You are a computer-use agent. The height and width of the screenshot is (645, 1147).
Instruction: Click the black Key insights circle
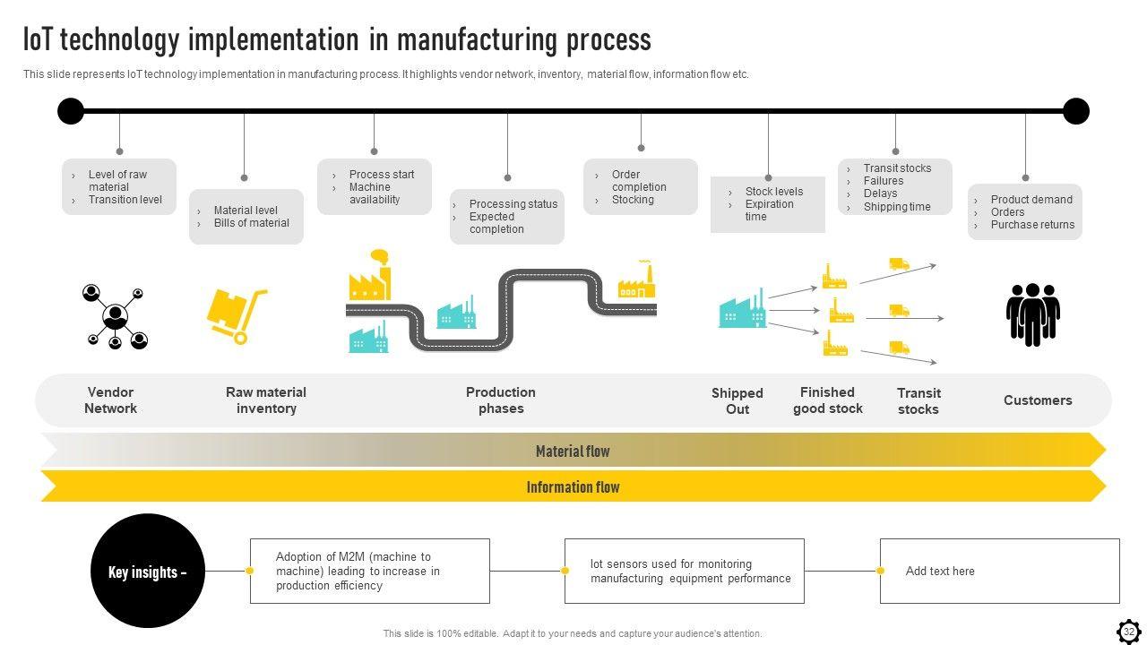coord(148,571)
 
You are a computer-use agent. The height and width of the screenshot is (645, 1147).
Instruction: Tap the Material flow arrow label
coord(573,451)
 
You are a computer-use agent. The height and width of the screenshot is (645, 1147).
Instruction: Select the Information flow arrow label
coord(573,487)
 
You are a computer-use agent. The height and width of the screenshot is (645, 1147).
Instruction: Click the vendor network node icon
coord(115,316)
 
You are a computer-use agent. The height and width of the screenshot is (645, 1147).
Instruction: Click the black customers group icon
coord(1032,314)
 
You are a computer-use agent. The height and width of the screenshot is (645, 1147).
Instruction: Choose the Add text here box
coord(999,571)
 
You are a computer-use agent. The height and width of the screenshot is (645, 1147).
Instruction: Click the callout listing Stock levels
coord(767,204)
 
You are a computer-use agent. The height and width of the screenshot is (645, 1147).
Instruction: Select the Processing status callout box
coord(506,217)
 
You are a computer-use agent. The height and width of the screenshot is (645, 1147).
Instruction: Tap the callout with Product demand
coord(1024,212)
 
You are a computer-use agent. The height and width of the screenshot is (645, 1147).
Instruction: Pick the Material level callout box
coord(246,217)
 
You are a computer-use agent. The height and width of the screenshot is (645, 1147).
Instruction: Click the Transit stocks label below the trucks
coord(918,401)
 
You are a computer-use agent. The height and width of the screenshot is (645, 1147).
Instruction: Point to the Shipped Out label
coord(737,401)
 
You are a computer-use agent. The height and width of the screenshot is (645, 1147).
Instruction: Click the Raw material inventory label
coord(266,400)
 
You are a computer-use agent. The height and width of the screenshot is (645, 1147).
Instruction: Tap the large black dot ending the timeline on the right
coord(1075,111)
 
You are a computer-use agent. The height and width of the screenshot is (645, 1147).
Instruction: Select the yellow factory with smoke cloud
coord(369,275)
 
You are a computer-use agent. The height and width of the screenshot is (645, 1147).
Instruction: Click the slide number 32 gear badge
coord(1129,632)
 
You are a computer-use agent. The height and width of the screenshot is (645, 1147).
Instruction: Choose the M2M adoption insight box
coord(369,571)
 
